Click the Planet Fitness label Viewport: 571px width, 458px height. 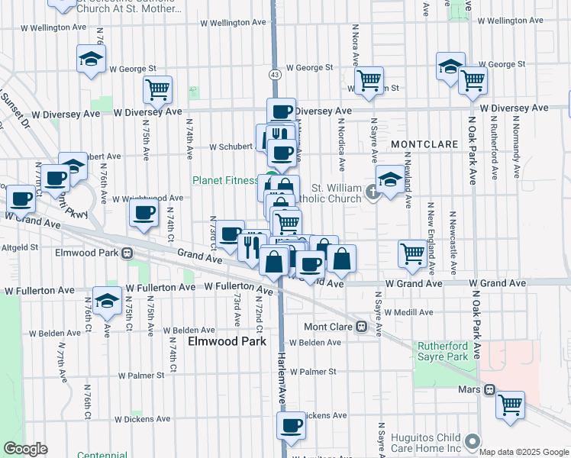click(x=225, y=181)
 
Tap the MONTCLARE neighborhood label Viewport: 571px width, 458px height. click(x=424, y=144)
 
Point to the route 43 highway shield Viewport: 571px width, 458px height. click(x=273, y=75)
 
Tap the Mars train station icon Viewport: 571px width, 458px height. click(x=489, y=389)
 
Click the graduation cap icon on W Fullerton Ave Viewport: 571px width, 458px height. click(x=107, y=299)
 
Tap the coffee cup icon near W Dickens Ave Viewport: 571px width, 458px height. click(x=291, y=425)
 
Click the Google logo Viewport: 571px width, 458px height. click(x=24, y=449)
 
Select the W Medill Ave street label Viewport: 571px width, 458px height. click(x=408, y=312)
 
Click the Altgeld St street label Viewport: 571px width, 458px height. click(x=20, y=247)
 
